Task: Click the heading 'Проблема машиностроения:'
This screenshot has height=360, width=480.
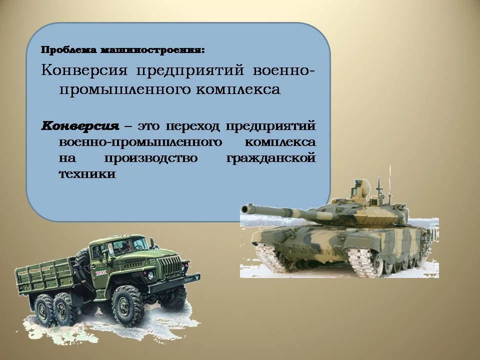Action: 122,50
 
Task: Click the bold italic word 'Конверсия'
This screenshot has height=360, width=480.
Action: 81,125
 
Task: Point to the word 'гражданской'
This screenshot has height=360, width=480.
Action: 271,158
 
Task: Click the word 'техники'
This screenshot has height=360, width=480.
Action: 87,174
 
